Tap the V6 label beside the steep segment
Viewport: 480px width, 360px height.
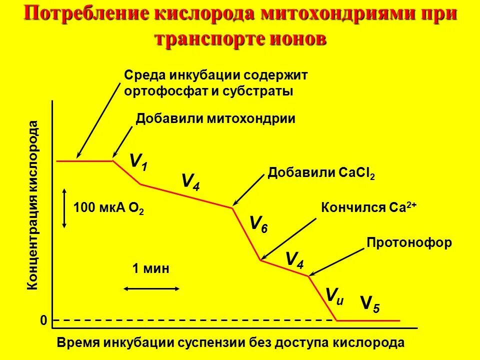(258, 223)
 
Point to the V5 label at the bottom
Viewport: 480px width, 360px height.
(370, 303)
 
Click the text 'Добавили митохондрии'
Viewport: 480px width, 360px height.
(215, 118)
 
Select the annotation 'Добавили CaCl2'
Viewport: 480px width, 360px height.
(321, 173)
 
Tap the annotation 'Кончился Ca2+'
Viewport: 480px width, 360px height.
(368, 208)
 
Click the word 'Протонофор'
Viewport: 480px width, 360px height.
(409, 243)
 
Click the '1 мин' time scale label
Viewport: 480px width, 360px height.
(150, 268)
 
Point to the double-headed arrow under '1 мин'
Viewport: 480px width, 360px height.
(151, 288)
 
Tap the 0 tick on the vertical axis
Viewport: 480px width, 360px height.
(43, 320)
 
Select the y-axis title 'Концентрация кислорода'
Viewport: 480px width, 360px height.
(32, 205)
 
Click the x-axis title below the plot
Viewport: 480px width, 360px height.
(230, 343)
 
